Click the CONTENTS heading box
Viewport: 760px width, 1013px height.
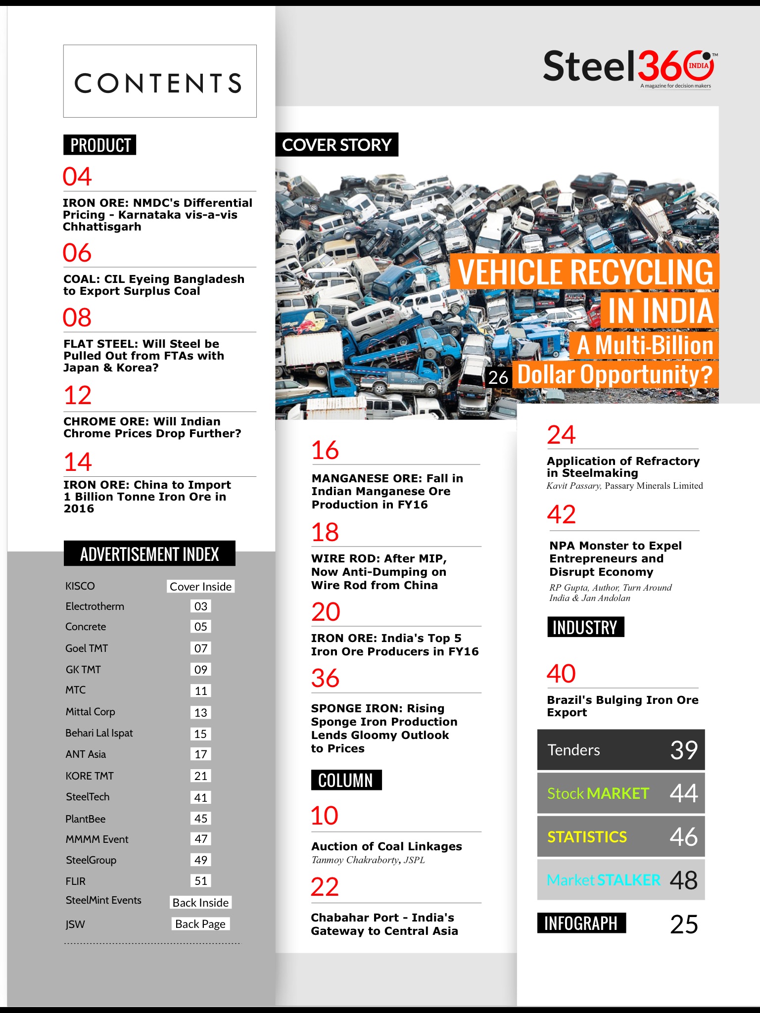tap(159, 82)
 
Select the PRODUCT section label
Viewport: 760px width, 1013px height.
tap(100, 145)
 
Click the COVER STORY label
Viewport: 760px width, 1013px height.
tap(336, 145)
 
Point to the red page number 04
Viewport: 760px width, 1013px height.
tap(77, 177)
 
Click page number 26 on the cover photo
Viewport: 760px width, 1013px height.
tap(498, 377)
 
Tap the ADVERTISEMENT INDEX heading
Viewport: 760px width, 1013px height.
tap(149, 554)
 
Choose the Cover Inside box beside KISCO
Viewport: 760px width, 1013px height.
tap(200, 586)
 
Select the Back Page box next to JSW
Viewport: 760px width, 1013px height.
tap(200, 924)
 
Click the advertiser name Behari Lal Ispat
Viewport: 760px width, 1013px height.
tap(99, 733)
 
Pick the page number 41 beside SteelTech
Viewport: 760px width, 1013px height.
tap(200, 797)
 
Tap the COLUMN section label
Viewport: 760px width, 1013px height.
tap(346, 780)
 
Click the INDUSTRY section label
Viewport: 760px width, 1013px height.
tap(585, 627)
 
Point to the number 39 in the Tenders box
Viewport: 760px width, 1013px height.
tap(684, 750)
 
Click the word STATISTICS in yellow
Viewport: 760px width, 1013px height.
tap(587, 837)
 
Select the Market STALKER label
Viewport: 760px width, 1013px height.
tap(604, 880)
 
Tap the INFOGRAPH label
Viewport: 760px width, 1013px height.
tap(581, 923)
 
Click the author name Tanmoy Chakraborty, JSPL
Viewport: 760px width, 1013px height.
tap(368, 860)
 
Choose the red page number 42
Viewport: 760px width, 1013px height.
tap(562, 514)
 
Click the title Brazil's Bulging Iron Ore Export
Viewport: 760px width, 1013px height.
tap(622, 706)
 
